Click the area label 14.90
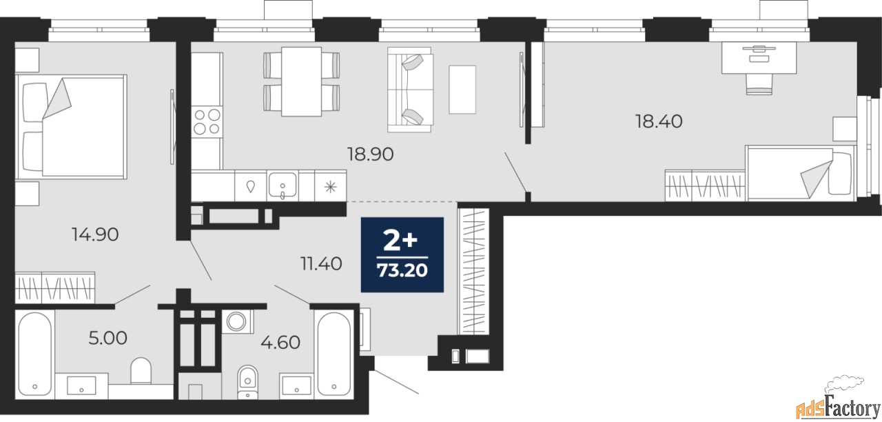[x=95, y=234]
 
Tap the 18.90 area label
[x=370, y=154]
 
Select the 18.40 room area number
[x=659, y=121]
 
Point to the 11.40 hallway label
[x=321, y=263]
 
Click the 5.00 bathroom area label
[x=108, y=338]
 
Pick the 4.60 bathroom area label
[x=280, y=342]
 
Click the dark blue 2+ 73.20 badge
[x=402, y=254]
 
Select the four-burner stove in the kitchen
[x=207, y=122]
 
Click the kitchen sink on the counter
[x=283, y=185]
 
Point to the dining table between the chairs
[x=301, y=81]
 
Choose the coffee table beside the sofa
[x=462, y=90]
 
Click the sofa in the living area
[x=410, y=90]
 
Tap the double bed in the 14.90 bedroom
[x=71, y=126]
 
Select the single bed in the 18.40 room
[x=799, y=173]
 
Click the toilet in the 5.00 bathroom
[x=141, y=370]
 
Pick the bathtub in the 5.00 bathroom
[x=34, y=354]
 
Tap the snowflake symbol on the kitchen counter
[x=330, y=187]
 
